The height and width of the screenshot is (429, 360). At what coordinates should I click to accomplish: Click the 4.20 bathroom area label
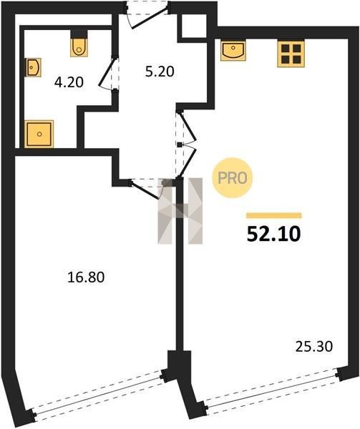[69, 82]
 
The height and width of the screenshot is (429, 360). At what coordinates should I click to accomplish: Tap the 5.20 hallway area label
[160, 71]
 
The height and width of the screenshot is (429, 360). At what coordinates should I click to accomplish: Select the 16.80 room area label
[86, 277]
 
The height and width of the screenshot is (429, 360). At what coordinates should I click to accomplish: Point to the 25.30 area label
[314, 347]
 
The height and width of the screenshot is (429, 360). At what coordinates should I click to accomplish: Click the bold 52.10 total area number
[274, 235]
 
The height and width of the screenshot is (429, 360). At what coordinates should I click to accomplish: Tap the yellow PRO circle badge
[232, 178]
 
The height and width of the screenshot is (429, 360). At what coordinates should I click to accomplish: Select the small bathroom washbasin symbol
[34, 67]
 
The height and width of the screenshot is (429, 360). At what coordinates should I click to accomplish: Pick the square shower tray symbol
[39, 134]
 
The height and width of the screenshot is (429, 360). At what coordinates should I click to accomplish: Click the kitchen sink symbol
[233, 51]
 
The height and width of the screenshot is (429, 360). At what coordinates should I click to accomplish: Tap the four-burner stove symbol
[291, 54]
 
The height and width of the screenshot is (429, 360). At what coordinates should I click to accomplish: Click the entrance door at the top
[147, 14]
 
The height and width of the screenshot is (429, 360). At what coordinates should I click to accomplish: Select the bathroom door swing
[109, 73]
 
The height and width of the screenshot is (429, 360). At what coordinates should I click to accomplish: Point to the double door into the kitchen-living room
[186, 144]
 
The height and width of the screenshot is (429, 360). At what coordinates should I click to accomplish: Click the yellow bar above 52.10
[274, 216]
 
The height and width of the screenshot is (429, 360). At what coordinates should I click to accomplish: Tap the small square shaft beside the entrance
[194, 26]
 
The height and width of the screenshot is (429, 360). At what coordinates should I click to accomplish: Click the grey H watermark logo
[180, 211]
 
